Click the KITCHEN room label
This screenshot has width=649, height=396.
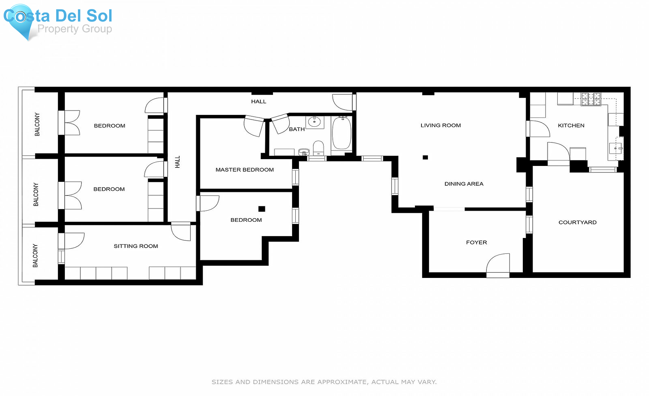coord(571,126)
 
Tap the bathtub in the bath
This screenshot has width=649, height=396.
coord(341,132)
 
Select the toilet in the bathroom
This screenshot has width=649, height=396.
coord(318,148)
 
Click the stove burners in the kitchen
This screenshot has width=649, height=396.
coord(591,99)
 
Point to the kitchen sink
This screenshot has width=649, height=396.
coord(615,148)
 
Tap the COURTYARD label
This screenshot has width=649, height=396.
coord(577,222)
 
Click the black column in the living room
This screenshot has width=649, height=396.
coord(425,157)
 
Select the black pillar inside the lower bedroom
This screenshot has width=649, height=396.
coord(262,209)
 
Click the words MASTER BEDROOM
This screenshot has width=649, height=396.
coord(244,170)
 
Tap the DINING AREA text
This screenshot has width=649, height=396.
coord(464,184)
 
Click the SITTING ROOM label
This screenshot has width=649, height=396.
coord(136,246)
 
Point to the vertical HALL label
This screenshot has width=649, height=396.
coord(177,162)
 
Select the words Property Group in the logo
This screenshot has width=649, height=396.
coord(75,29)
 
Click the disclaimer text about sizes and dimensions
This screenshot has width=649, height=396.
coord(324,382)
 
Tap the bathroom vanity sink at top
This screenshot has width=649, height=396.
coord(314,122)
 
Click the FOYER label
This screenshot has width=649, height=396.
coord(476,243)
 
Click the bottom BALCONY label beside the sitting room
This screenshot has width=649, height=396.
coord(35,256)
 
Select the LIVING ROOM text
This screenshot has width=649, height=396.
coord(441,126)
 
